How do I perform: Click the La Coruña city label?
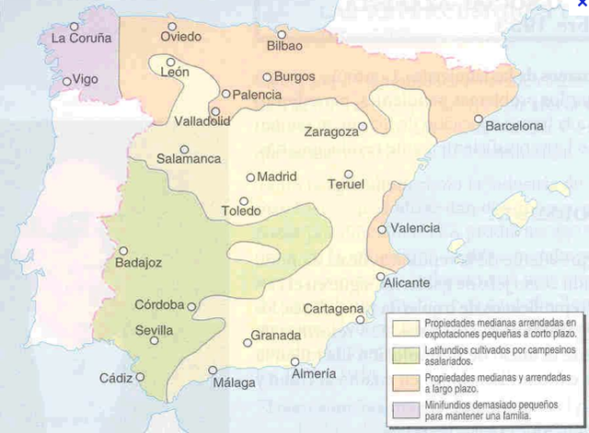(81, 39)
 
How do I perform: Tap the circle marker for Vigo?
(67, 81)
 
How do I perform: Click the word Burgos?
(295, 78)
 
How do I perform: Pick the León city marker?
(171, 62)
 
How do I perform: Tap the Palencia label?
(258, 94)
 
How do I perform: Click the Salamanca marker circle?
(185, 149)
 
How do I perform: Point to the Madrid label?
(278, 177)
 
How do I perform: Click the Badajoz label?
(139, 264)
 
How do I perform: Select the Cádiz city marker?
(141, 376)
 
